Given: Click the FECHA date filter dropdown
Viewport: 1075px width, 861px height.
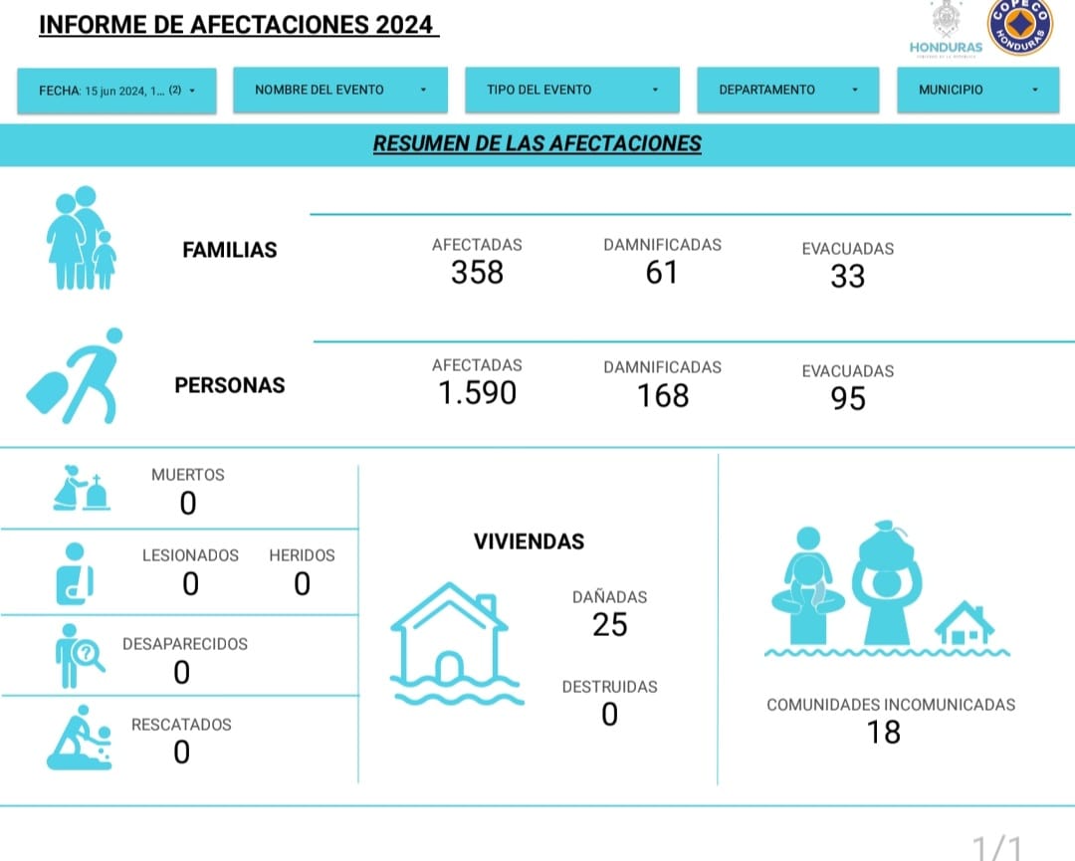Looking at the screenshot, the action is point(116,91).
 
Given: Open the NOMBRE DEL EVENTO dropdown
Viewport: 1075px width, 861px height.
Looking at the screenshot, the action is point(340,90).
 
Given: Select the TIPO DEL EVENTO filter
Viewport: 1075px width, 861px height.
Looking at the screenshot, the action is point(571,90).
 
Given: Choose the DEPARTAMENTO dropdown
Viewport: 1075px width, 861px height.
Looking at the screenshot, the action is point(787,90).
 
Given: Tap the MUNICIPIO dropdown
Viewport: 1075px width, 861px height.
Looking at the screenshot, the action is point(977,90).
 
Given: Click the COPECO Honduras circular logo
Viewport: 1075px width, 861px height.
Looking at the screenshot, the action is point(1019,27).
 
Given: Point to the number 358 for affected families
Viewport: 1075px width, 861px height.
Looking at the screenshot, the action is point(477,273).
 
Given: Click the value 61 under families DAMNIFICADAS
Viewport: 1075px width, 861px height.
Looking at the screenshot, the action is point(662,273).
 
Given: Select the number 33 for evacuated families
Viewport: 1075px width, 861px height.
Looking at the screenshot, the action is point(847,277).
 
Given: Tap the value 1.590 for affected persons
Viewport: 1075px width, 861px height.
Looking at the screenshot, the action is point(477,393).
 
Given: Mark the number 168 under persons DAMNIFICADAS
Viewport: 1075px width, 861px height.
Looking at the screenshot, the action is point(662,395).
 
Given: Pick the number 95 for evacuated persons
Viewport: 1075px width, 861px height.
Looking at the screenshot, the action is point(848,398).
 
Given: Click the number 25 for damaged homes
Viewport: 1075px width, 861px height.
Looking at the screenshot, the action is point(609,624).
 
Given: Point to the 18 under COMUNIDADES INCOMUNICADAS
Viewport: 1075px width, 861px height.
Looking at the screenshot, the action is point(884,733).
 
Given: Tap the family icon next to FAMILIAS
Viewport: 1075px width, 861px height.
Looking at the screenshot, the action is point(81,238).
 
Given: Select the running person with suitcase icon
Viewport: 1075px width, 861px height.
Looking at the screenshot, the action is point(76,375).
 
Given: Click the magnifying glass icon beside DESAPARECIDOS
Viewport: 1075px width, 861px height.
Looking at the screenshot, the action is point(90,655).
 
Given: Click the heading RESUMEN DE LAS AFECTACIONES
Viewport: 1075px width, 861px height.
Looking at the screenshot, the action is point(537,143).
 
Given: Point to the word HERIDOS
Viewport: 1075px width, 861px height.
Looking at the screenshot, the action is point(302,555).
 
